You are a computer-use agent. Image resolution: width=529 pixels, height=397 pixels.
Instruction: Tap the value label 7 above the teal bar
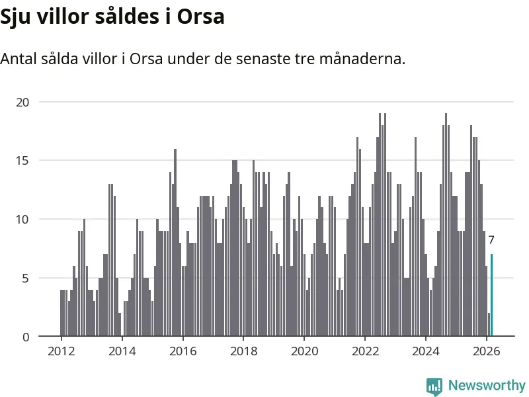[x=491, y=240]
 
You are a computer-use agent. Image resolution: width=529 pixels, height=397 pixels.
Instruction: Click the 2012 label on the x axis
[x=61, y=351]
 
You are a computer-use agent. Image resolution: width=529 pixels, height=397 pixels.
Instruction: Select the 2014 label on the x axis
[x=122, y=351]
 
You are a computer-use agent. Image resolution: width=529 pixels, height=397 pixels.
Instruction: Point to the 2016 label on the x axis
[x=183, y=351]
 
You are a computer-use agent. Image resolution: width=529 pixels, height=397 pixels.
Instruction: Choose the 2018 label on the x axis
[x=243, y=351]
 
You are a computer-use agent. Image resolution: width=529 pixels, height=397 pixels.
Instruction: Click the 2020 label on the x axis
[x=304, y=351]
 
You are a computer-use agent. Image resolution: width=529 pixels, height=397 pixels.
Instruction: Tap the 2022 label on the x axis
[x=365, y=351]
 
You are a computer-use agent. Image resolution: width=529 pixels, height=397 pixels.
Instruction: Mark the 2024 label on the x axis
[x=426, y=351]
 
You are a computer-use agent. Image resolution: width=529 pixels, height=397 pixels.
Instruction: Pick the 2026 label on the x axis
[x=487, y=351]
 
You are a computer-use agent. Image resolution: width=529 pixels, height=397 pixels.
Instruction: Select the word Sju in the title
[x=17, y=17]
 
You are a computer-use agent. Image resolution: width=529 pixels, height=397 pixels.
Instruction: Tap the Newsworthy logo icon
[x=434, y=385]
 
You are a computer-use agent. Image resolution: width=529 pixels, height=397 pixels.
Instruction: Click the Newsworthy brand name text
[x=487, y=385]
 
